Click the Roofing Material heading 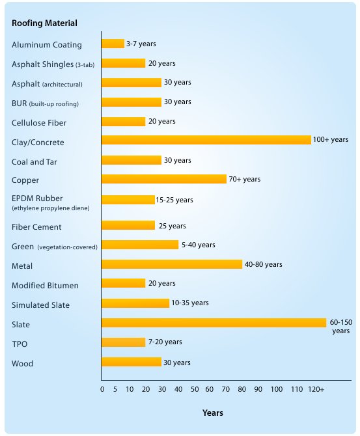[44, 23]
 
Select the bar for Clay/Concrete [206, 140]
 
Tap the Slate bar [214, 323]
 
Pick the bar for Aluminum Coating [113, 44]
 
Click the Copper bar [163, 179]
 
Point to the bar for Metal [171, 264]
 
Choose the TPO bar [123, 342]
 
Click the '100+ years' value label [331, 140]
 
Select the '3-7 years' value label [141, 44]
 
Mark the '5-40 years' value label [198, 245]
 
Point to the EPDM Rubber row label [38, 198]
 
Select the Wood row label [22, 364]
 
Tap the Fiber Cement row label [36, 227]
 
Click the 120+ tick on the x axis [316, 389]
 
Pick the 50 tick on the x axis [194, 389]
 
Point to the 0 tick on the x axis [102, 389]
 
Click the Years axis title [212, 413]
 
